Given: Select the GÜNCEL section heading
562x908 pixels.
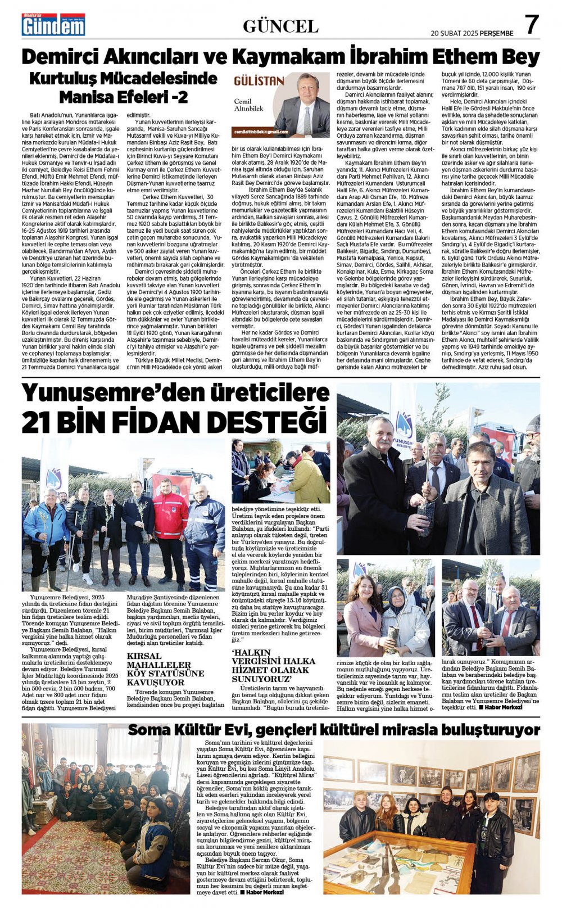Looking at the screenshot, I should coord(280,26).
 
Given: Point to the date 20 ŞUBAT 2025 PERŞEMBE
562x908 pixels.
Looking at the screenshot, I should coord(472,33).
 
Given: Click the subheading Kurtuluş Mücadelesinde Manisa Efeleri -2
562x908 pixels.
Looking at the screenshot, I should coord(123,87).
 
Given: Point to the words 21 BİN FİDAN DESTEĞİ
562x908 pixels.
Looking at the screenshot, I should coord(174,422).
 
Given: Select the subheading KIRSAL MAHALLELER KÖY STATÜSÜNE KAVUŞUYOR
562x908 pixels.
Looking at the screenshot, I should coord(165,669).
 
